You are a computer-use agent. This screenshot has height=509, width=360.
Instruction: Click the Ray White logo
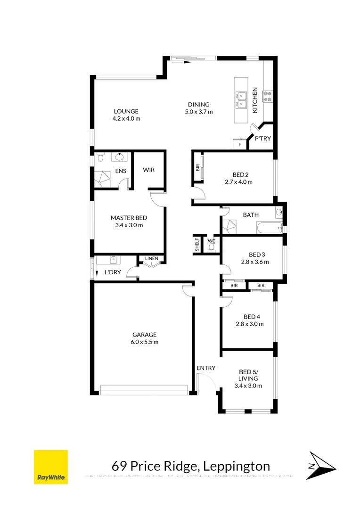click(50, 467)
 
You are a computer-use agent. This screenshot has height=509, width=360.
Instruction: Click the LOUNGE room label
click(126, 112)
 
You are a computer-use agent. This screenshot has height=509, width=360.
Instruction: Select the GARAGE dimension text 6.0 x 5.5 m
click(145, 342)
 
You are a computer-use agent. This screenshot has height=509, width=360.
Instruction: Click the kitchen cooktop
click(268, 96)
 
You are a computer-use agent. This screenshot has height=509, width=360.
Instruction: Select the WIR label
click(148, 170)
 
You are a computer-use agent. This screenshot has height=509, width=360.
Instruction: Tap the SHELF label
click(197, 245)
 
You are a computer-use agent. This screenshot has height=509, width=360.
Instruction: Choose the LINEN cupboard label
click(151, 258)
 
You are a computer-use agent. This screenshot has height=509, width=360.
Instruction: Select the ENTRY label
click(206, 368)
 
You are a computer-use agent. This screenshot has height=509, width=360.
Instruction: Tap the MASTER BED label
click(129, 218)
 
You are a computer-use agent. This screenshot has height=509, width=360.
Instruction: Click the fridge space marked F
click(240, 145)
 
